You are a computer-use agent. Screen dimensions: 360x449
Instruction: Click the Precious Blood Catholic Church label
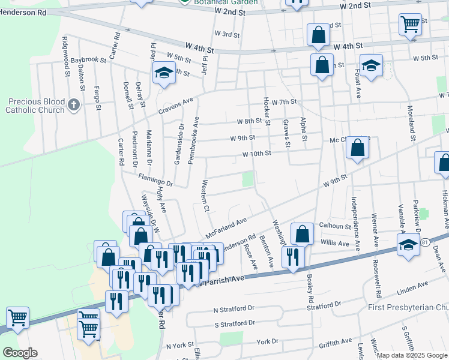coord(35,106)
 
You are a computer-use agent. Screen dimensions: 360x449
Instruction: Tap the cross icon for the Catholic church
coord(74,106)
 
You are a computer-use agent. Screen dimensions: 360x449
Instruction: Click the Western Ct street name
coord(206,196)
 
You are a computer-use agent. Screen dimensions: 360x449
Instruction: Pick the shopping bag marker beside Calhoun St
coord(303,234)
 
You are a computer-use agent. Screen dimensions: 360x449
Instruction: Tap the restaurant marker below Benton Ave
coord(292,257)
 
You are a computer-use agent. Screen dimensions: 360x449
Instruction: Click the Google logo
coord(19,352)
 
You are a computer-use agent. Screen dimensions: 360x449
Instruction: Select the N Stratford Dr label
coord(234,310)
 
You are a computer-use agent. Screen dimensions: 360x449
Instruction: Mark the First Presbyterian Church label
coord(408,308)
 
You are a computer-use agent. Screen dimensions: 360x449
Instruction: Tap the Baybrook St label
coord(88,61)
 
